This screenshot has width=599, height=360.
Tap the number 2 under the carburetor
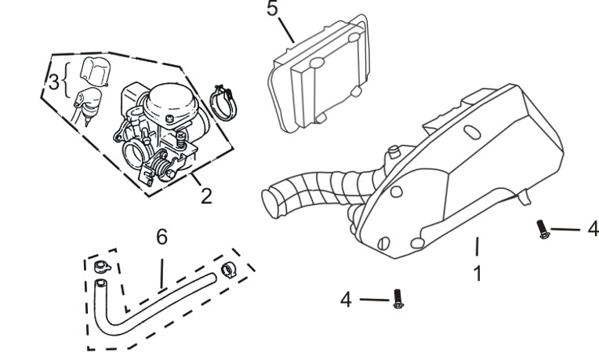point(205,195)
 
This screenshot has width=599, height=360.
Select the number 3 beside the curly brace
point(53,82)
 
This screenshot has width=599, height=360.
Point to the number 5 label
point(271,10)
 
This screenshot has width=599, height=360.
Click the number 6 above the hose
point(161,236)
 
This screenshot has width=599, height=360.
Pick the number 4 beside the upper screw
point(593,229)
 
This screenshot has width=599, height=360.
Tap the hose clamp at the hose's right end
point(227,270)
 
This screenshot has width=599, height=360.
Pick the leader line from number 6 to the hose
point(162,271)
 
